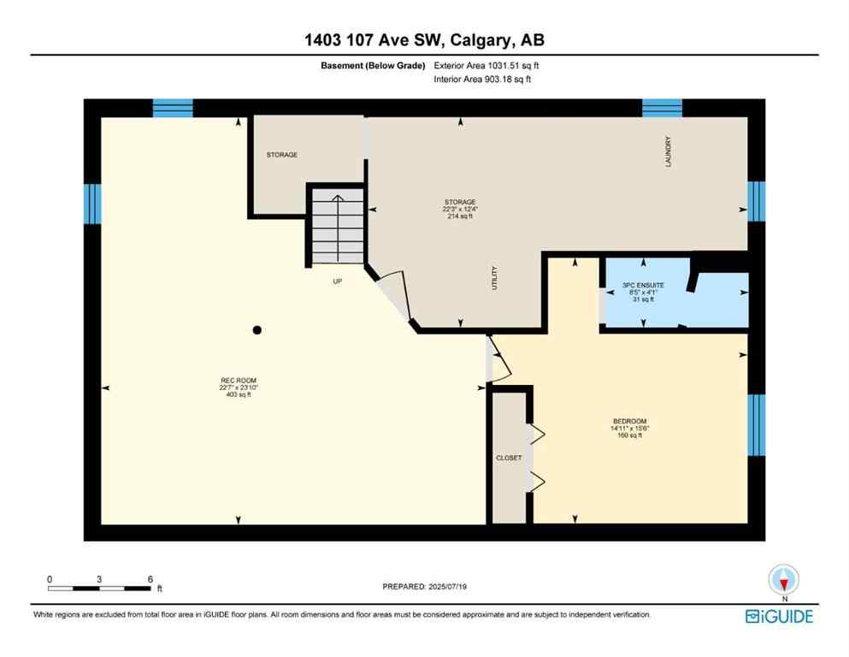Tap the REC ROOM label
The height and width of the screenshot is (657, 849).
coord(238,381)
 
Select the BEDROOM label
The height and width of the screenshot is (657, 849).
coord(632,421)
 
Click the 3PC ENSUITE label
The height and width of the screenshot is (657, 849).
coord(644,284)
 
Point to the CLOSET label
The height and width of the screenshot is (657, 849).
coord(509,458)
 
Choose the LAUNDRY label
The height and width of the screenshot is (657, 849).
coord(669,151)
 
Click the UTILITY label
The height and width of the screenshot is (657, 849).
coord(494,278)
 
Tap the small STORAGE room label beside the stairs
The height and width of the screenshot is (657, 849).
coord(281,155)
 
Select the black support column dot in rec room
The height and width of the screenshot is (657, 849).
coord(256,330)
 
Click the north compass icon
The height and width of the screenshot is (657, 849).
coord(783,581)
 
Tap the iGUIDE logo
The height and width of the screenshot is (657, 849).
coord(779,616)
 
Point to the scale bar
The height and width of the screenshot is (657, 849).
coord(100,588)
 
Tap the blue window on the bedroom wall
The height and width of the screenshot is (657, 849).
coord(756,425)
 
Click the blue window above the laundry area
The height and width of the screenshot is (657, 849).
coord(662,107)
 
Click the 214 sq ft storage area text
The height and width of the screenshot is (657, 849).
coord(459,216)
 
